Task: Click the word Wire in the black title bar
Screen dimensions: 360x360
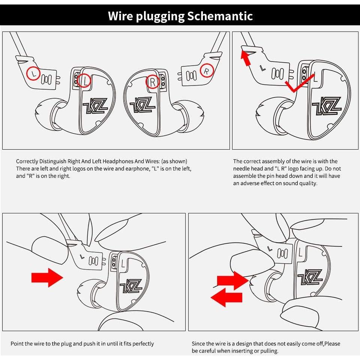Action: tap(121, 16)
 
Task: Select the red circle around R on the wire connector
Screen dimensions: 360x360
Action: tap(206, 70)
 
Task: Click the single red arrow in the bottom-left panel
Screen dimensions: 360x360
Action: tap(47, 278)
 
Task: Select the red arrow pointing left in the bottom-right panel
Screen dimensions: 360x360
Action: tap(226, 298)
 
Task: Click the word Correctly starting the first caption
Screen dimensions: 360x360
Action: tap(27, 162)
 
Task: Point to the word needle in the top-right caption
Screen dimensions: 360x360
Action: tap(241, 169)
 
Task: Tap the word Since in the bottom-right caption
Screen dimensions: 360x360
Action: tap(198, 343)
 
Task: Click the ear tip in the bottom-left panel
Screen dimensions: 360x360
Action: tap(87, 291)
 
